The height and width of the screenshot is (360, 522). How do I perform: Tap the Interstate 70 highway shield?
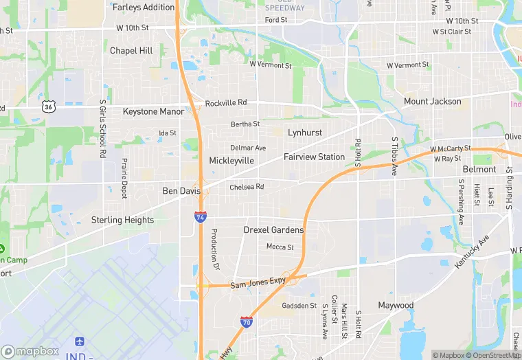(x=247, y=322)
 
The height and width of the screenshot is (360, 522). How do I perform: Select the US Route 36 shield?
(x=47, y=106)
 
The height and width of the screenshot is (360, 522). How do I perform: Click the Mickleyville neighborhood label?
(x=231, y=161)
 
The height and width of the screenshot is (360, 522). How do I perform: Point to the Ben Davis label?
(x=181, y=191)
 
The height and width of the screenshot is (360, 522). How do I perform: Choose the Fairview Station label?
(x=314, y=157)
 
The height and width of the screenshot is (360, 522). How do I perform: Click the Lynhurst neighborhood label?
(x=305, y=132)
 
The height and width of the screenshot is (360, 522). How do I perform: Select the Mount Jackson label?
(x=433, y=102)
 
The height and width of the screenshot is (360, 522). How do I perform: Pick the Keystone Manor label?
(x=153, y=111)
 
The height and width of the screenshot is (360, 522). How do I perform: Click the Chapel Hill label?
(x=131, y=51)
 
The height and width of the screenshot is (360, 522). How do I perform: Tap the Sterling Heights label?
(x=122, y=220)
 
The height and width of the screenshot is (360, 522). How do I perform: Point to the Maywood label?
(x=396, y=305)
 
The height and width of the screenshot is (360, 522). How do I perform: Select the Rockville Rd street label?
(x=225, y=103)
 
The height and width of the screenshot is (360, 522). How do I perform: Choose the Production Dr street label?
(x=214, y=249)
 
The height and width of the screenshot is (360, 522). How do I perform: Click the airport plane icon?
(x=79, y=341)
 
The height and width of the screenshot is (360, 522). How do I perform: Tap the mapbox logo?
(x=30, y=351)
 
